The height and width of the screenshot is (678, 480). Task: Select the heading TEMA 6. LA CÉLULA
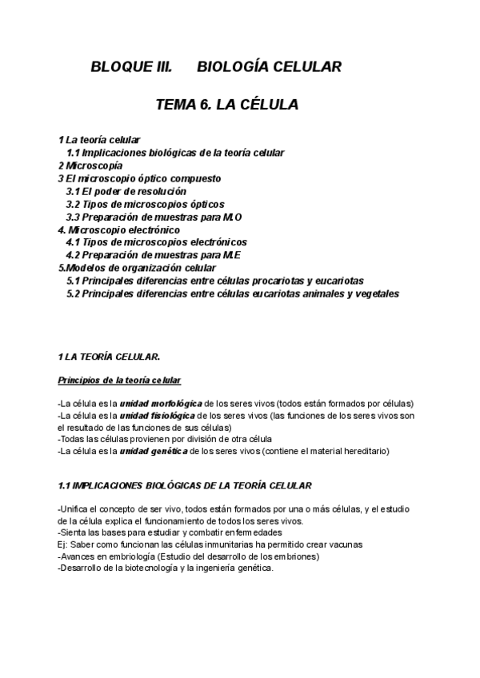coord(227,105)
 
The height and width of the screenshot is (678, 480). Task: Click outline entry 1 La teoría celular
coord(99,139)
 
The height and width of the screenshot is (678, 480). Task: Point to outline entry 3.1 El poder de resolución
coord(126,191)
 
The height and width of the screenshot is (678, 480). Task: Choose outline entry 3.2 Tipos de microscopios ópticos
coord(145,204)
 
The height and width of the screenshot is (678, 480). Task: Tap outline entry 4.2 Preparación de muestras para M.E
coord(154,255)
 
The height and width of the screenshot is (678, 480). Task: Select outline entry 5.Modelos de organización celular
coord(137,268)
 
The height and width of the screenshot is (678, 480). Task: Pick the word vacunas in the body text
coord(344,544)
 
